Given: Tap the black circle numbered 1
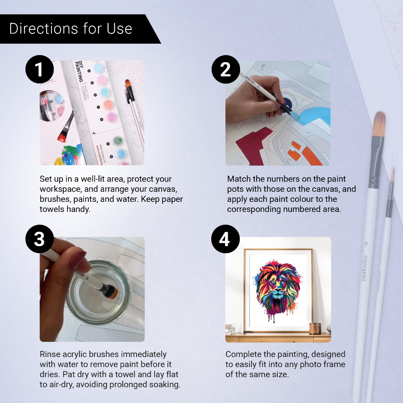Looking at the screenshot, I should (x=40, y=70).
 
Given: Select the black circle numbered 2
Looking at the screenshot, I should (x=226, y=70).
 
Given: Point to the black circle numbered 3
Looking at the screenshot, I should (x=40, y=239).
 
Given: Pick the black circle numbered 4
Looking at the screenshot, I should (x=225, y=239).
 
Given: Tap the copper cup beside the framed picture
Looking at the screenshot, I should (x=315, y=328).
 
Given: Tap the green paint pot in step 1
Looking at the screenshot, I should (x=118, y=140).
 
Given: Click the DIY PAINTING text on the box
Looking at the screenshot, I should (x=79, y=71).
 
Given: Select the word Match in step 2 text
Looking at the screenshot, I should (x=239, y=179).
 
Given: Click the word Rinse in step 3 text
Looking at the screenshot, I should (x=50, y=354).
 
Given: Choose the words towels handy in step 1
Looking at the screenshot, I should (x=65, y=209).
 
